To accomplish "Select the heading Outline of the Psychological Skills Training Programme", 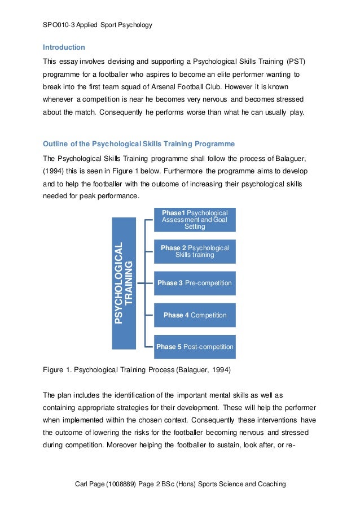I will pyautogui.click(x=139, y=143).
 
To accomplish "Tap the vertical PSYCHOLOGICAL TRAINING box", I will pyautogui.click(x=124, y=282).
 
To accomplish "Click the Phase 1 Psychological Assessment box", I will pyautogui.click(x=195, y=220).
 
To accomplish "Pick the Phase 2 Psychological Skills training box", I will pyautogui.click(x=195, y=251).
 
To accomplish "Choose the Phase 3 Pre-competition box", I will pyautogui.click(x=195, y=283).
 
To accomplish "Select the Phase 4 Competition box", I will pyautogui.click(x=195, y=315).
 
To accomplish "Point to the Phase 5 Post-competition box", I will pyautogui.click(x=195, y=347).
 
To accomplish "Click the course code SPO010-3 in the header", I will pyautogui.click(x=59, y=25).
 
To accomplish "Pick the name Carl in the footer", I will pyautogui.click(x=82, y=484).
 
